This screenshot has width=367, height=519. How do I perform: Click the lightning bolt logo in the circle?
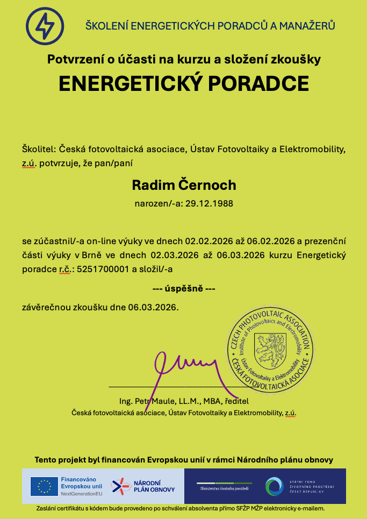click(x=45, y=25)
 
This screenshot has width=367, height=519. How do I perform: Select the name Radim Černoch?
click(x=184, y=185)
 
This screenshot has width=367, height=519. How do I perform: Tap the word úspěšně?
click(x=184, y=289)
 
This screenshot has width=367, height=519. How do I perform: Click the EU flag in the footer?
click(x=45, y=486)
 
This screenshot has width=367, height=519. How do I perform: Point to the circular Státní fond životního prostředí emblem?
click(x=274, y=486)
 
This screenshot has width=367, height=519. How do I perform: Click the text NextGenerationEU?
click(x=81, y=493)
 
